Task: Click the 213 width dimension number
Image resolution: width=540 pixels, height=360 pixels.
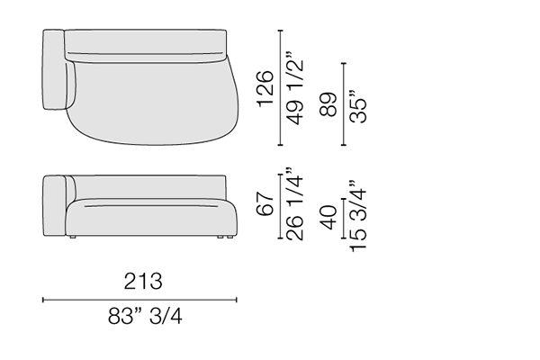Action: pyautogui.click(x=143, y=281)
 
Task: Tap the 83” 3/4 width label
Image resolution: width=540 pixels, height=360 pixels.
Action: pyautogui.click(x=145, y=316)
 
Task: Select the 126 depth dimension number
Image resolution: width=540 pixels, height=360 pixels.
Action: pyautogui.click(x=265, y=88)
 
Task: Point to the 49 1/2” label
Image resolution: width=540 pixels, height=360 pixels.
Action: pyautogui.click(x=295, y=89)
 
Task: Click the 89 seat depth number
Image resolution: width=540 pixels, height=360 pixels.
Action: pyautogui.click(x=328, y=104)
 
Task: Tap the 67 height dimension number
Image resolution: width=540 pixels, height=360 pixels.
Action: pyautogui.click(x=265, y=204)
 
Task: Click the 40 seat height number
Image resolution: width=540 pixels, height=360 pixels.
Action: pyautogui.click(x=328, y=218)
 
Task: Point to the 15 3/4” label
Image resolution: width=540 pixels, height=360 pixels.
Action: pyautogui.click(x=357, y=216)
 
